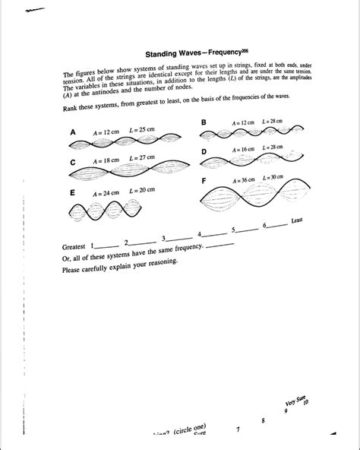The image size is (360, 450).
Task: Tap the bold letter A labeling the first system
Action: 74,132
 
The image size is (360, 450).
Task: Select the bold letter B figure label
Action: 204,122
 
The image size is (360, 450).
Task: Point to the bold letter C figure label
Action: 73,162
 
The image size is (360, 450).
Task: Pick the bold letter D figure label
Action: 204,152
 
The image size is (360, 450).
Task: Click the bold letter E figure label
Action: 73,193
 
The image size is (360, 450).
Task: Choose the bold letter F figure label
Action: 204,182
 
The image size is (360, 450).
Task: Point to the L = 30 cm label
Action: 272,177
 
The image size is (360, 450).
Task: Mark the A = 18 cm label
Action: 105,161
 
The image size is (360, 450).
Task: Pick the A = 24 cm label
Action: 104,193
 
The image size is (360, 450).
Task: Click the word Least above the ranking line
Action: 298,220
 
